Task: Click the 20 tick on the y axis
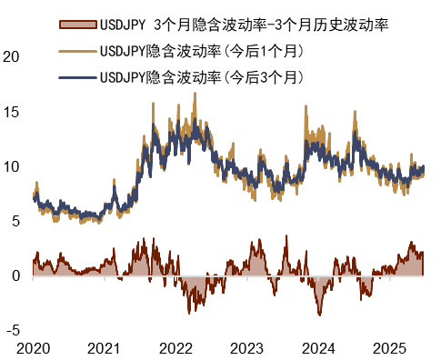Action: pos(13,56)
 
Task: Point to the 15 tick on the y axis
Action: pos(13,112)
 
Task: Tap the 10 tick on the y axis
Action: pos(13,166)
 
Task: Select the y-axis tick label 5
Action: pos(16,221)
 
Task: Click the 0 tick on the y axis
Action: pos(16,276)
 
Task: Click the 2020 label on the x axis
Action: pos(33,348)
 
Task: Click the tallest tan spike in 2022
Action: pos(195,93)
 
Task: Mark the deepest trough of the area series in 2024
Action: pos(319,315)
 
